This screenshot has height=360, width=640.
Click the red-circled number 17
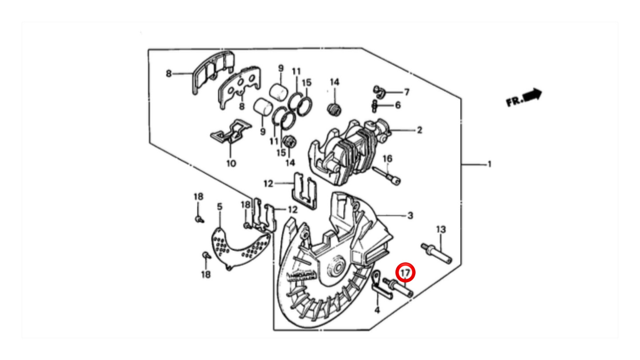coord(405,273)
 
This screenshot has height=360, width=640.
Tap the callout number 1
coord(489,164)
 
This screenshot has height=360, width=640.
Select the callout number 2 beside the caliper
coord(419,130)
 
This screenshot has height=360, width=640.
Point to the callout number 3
coord(410,216)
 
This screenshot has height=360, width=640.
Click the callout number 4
coord(377,310)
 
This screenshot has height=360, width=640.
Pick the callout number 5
coord(220,207)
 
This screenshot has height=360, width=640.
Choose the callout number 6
coord(398,105)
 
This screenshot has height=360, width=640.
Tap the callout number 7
coord(407,92)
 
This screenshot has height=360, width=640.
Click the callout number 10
coord(231,164)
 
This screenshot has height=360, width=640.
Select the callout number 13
coord(441,229)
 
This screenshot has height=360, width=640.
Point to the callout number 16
coord(388,159)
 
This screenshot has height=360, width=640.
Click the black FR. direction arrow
coord(533,95)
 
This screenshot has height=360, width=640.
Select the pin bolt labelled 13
coord(436,254)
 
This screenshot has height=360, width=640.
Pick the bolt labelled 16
coord(387,176)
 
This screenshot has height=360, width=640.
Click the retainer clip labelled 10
coord(230,132)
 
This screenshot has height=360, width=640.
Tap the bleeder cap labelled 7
coord(379,92)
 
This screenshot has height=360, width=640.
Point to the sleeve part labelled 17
coord(398,288)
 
